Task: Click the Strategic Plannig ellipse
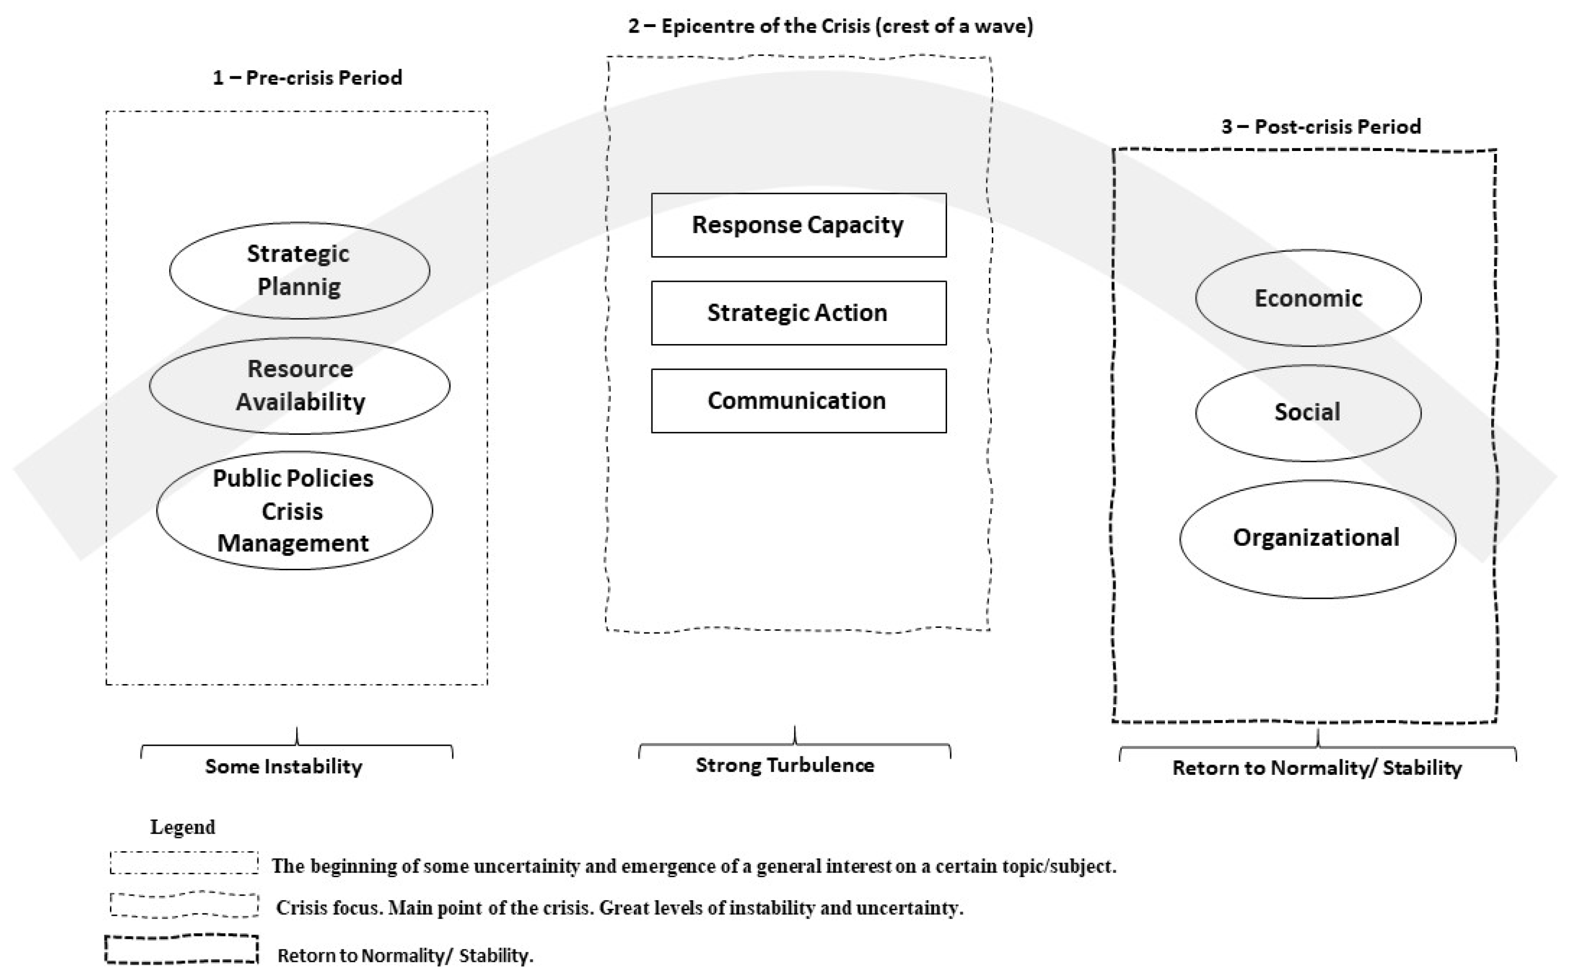[299, 270]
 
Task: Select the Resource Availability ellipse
[299, 386]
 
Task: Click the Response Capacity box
[798, 225]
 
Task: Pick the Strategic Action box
[798, 313]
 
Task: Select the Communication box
[798, 401]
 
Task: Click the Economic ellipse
[1308, 298]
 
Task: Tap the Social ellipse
[1308, 413]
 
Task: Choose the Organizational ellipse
[1317, 538]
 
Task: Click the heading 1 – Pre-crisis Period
[307, 78]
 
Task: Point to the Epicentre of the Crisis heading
[830, 27]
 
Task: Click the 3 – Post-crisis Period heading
[1321, 127]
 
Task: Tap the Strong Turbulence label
[784, 766]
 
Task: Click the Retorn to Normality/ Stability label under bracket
[1317, 768]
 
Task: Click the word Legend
[183, 828]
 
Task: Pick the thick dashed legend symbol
[182, 949]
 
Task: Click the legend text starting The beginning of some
[694, 866]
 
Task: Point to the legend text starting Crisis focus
[619, 908]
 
